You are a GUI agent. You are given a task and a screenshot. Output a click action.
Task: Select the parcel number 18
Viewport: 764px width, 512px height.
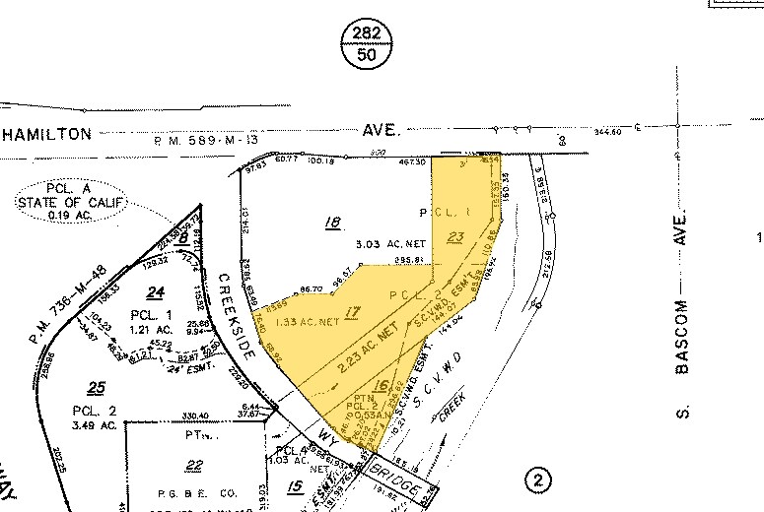(333, 224)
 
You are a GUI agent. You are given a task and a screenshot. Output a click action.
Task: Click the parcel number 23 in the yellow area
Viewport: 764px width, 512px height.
(454, 236)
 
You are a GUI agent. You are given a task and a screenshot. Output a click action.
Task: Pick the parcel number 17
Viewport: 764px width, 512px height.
(351, 314)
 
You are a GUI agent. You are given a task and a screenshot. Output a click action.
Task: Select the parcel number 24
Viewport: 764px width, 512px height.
(153, 291)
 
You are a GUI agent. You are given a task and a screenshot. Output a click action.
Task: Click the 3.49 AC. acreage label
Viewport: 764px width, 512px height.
(94, 425)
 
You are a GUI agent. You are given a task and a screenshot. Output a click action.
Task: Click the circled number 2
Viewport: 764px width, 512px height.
(538, 480)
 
